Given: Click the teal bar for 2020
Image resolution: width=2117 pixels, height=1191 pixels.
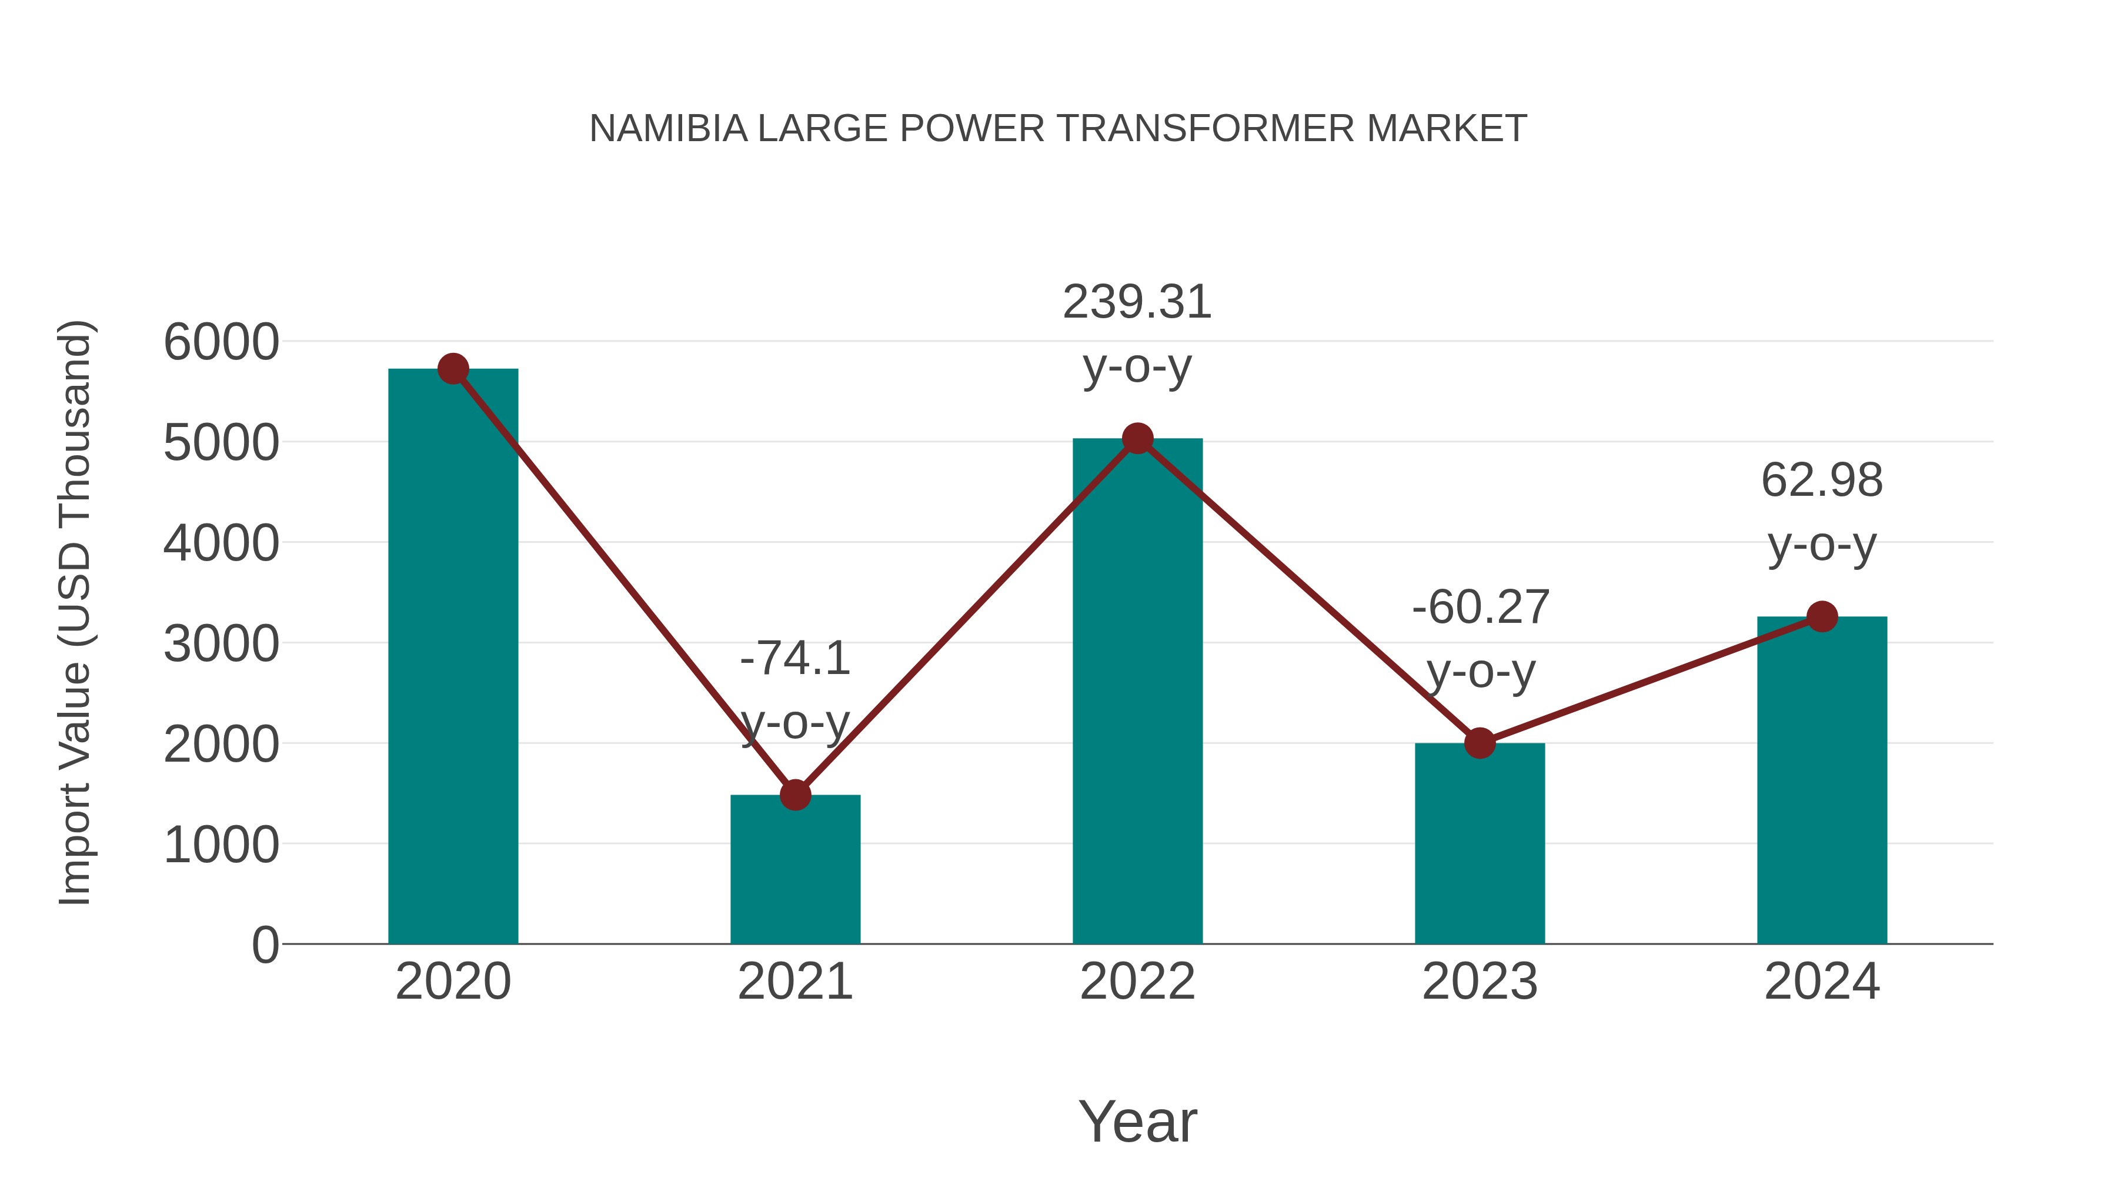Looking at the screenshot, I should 453,658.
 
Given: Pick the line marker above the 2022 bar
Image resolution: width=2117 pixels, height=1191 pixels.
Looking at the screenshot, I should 1137,439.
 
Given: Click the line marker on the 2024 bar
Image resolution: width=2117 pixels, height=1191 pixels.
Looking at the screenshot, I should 1822,616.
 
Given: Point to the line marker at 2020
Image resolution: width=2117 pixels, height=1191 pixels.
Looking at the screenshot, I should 453,369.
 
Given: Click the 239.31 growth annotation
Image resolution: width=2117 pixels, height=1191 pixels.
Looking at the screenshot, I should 1137,302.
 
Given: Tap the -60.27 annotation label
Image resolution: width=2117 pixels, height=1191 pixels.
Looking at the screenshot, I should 1480,608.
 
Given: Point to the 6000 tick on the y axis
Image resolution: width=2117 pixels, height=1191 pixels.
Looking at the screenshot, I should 221,342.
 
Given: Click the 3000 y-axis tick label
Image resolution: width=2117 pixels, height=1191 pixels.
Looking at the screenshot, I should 221,643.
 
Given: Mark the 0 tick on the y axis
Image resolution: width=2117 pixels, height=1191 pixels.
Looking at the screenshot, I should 265,945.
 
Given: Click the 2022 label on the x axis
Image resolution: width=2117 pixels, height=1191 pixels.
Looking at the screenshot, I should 1137,982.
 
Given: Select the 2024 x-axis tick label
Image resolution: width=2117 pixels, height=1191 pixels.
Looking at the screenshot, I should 1821,982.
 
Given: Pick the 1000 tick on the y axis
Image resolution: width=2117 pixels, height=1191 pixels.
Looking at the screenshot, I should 221,845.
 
